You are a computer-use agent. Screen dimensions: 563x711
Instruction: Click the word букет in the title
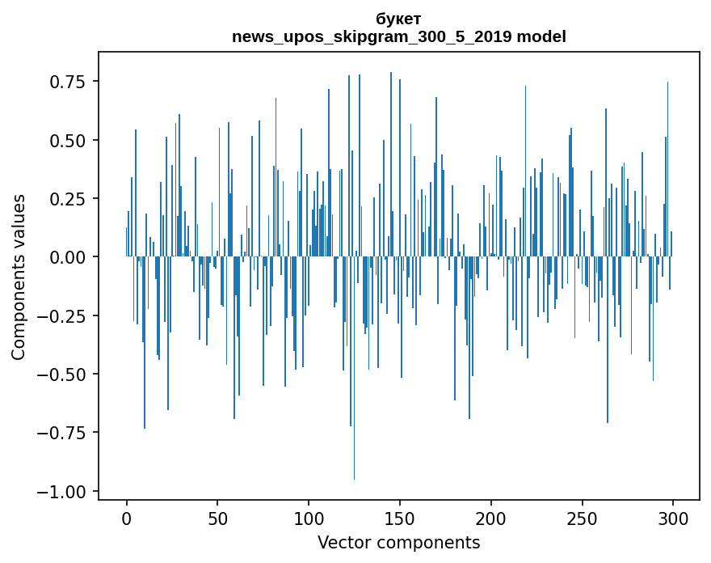pyautogui.click(x=398, y=19)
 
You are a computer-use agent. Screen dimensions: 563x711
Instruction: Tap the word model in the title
pyautogui.click(x=541, y=36)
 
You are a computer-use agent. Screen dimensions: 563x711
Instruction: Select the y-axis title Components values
pyautogui.click(x=19, y=277)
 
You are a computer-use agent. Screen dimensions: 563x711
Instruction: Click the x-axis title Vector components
pyautogui.click(x=398, y=543)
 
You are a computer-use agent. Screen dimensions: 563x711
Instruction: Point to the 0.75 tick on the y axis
pyautogui.click(x=69, y=82)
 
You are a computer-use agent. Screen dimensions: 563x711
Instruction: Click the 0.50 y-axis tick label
pyautogui.click(x=69, y=140)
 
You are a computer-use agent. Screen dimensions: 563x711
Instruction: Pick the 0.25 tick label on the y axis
pyautogui.click(x=69, y=199)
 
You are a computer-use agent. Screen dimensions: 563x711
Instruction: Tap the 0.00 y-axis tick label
pyautogui.click(x=69, y=257)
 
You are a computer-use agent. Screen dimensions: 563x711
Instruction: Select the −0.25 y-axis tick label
pyautogui.click(x=65, y=316)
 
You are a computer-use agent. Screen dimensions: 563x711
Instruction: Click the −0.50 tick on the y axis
pyautogui.click(x=65, y=375)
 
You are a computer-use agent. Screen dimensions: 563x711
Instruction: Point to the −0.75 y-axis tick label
pyautogui.click(x=65, y=433)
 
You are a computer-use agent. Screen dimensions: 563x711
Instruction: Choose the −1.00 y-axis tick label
pyautogui.click(x=65, y=492)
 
